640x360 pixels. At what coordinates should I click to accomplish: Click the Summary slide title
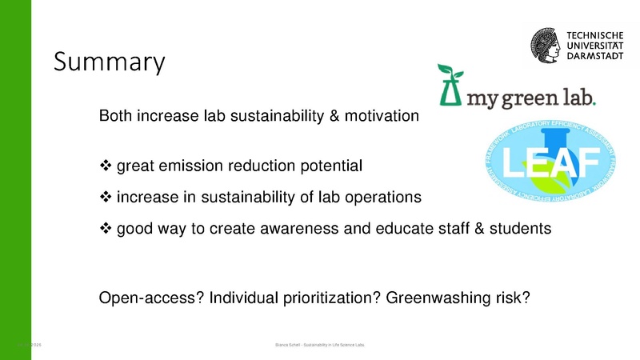point(109,62)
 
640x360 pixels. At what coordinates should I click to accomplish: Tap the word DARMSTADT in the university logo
point(595,56)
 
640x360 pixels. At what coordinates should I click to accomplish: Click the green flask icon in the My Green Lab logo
point(450,87)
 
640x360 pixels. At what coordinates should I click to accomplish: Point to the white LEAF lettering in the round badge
point(542,165)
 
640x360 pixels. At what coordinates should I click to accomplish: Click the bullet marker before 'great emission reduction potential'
point(105,166)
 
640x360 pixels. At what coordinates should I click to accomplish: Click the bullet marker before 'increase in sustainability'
point(105,197)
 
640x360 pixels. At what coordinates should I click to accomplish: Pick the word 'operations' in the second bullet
point(384,197)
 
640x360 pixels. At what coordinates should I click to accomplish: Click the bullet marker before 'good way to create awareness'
point(105,228)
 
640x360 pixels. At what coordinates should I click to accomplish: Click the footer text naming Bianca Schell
point(319,345)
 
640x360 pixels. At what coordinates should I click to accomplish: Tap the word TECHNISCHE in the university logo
point(596,34)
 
